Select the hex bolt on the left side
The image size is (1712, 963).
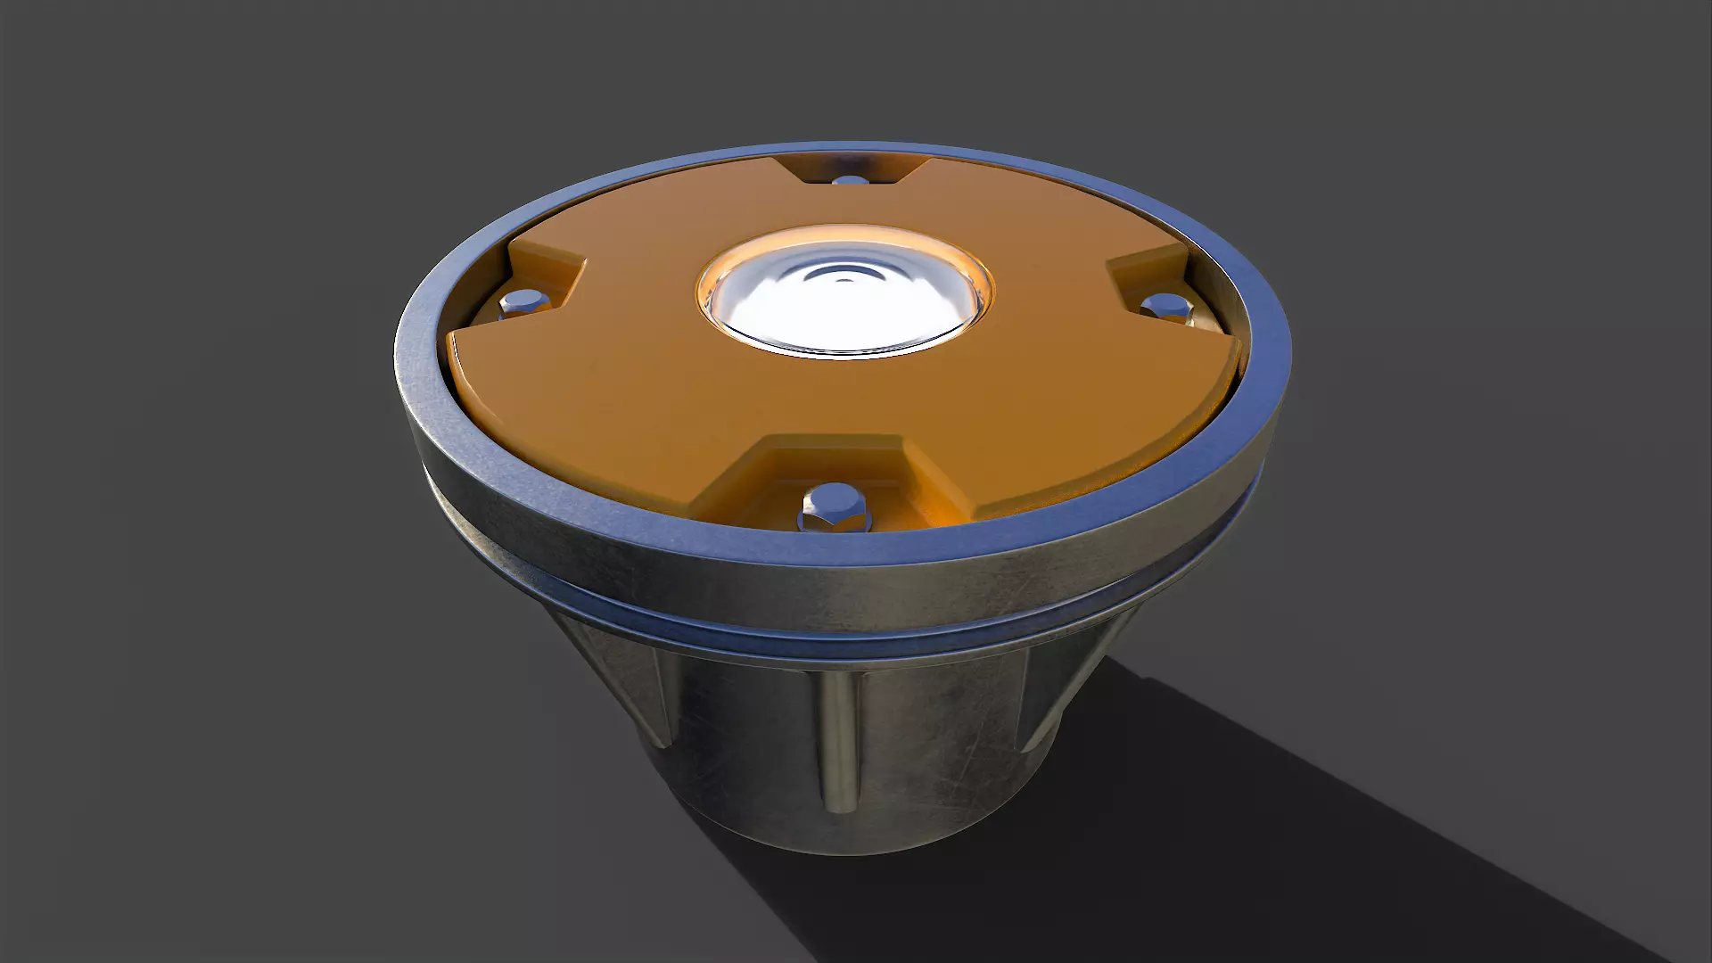click(520, 303)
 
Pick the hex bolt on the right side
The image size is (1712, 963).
click(1166, 306)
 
